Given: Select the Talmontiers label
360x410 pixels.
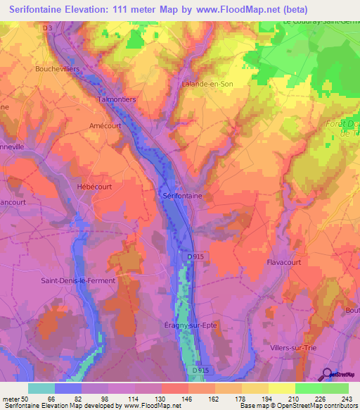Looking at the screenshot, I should point(115,99).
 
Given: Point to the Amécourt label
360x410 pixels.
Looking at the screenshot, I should point(86,125).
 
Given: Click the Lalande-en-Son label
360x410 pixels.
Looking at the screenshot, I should point(207,83).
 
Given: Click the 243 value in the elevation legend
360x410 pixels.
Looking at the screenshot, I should point(347,397).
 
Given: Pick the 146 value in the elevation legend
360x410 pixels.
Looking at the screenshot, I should point(187,397).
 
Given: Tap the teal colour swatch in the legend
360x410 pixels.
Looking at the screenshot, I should point(41,388).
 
